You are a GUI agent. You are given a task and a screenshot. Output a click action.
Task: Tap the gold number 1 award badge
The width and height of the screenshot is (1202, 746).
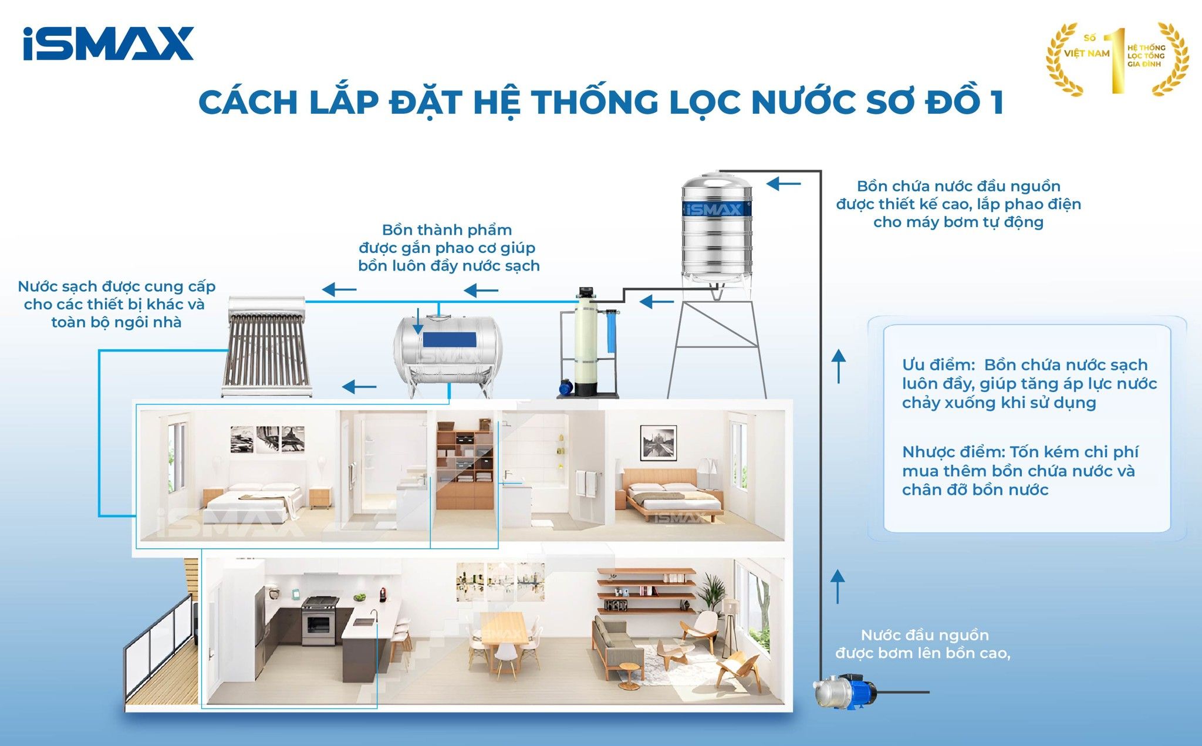[x=1117, y=59]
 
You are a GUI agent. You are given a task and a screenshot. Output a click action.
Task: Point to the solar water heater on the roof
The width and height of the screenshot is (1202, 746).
[x=267, y=346]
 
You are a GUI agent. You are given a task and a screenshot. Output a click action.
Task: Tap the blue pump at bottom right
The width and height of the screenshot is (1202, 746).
[x=845, y=693]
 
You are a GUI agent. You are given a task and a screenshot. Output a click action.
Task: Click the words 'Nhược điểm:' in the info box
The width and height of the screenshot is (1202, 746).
[x=953, y=453]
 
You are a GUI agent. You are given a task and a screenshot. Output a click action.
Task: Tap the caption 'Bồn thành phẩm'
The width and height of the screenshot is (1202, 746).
[x=447, y=230]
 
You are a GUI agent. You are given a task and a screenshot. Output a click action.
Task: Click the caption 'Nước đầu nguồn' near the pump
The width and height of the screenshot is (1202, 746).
[x=924, y=635]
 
